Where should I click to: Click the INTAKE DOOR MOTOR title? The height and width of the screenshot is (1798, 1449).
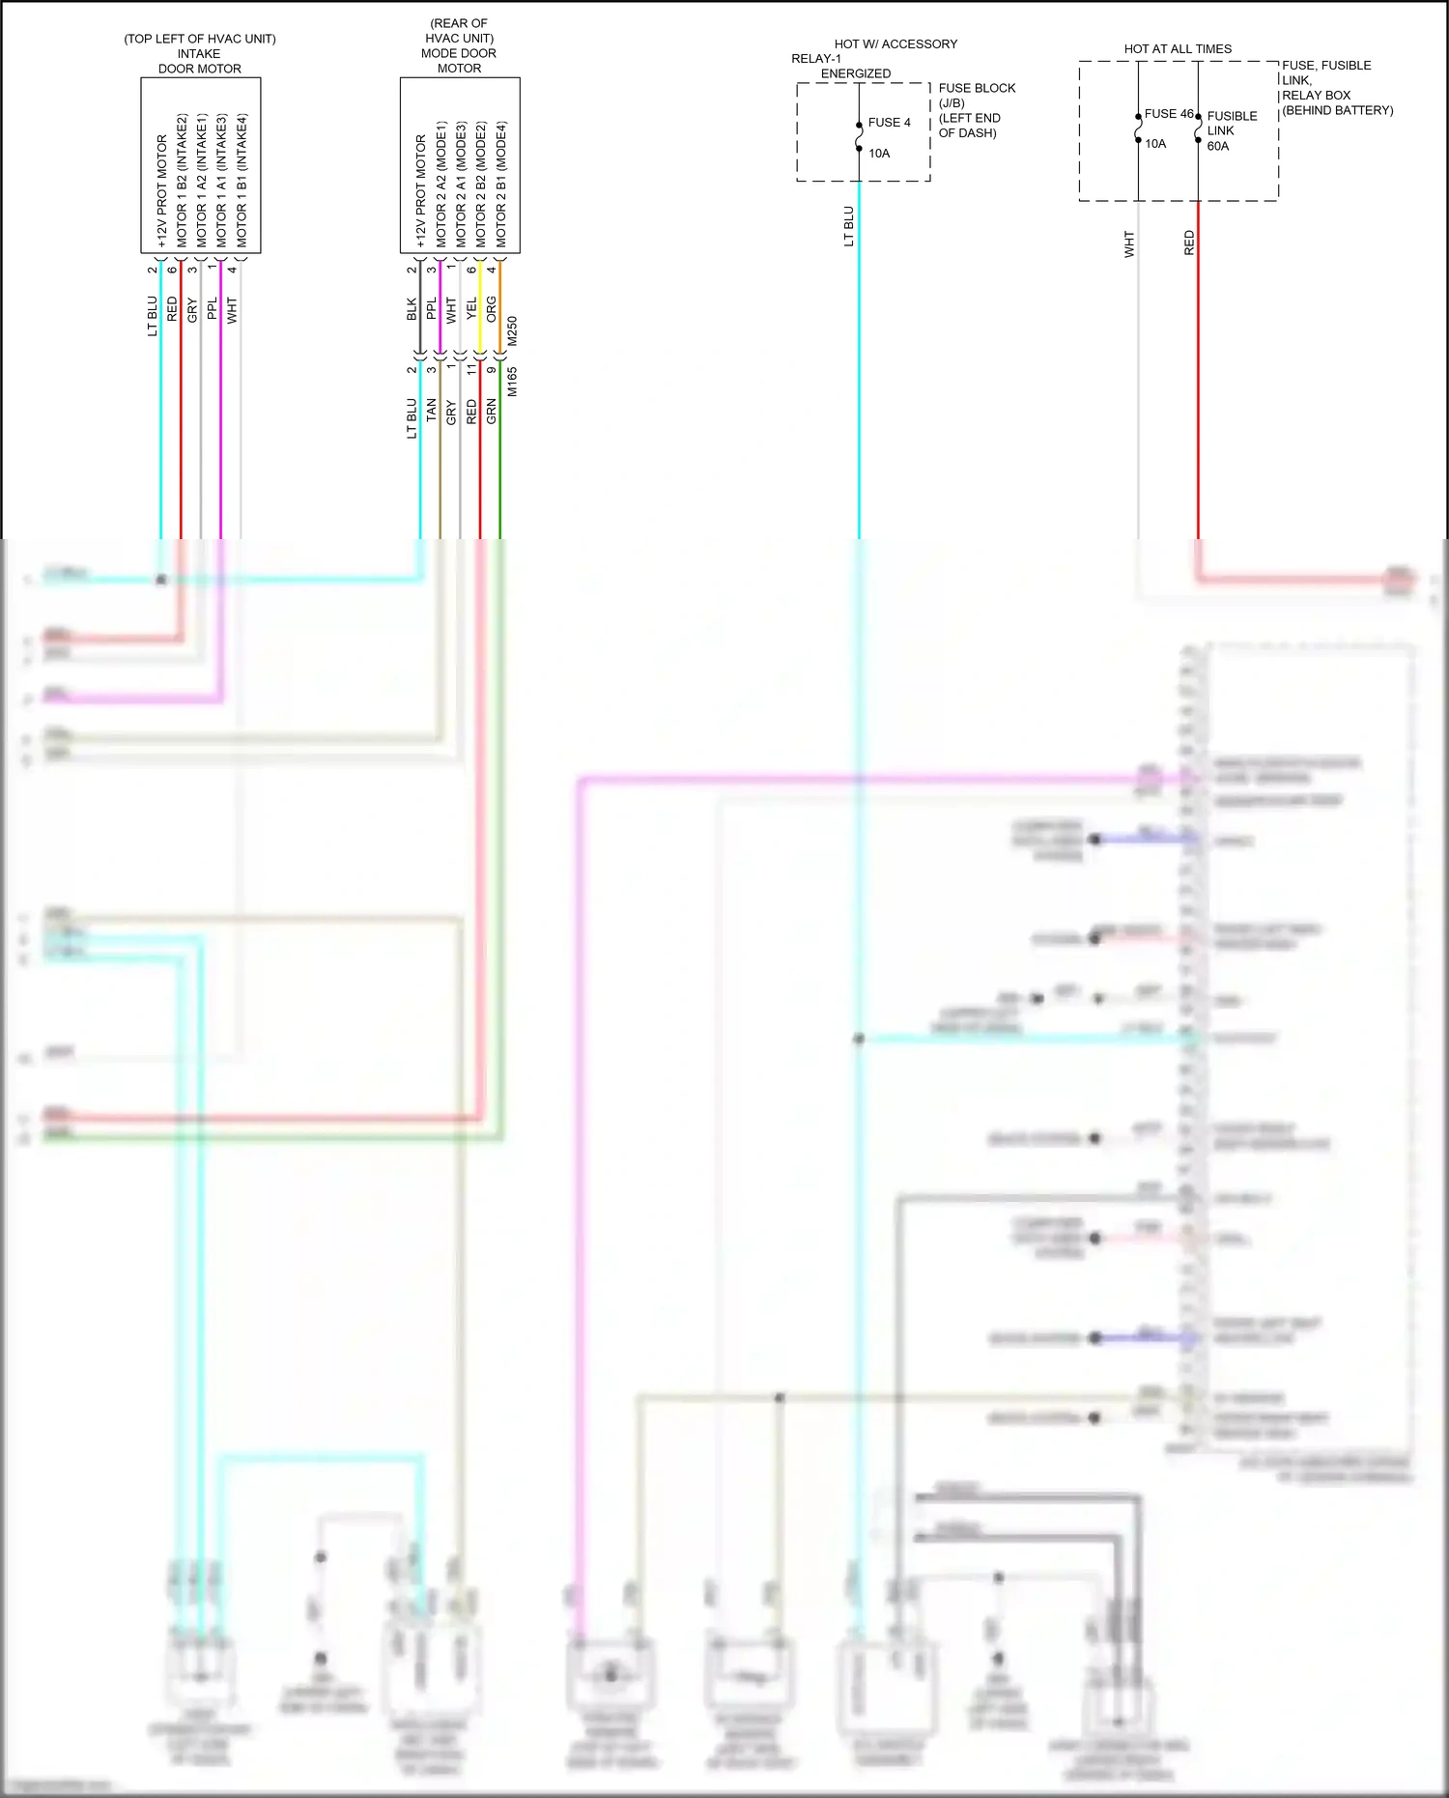199,61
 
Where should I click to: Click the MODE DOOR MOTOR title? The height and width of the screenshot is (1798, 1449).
459,60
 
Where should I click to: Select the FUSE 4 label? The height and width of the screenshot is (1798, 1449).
889,123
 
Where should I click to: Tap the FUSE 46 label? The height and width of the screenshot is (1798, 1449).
1168,114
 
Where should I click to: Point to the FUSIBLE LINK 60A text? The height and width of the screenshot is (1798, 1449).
1231,130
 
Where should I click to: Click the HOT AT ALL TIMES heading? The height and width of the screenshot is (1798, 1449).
1177,48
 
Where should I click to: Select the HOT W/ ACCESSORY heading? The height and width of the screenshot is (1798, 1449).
895,44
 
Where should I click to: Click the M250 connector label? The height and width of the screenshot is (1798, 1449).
512,331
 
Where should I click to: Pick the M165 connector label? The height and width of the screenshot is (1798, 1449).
512,382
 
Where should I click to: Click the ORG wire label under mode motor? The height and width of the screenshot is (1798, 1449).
491,310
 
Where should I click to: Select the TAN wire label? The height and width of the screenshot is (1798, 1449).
431,411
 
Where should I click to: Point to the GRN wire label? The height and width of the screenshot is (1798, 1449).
491,411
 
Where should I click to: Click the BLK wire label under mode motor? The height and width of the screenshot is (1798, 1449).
412,310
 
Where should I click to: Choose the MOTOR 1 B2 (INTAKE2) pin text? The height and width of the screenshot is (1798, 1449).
182,181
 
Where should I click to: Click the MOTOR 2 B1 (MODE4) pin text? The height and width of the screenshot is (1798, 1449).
501,184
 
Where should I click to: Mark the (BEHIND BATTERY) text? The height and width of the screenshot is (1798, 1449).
1337,110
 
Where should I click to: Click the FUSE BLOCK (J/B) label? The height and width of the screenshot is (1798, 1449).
976,95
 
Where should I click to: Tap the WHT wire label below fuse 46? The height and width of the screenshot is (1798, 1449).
1128,243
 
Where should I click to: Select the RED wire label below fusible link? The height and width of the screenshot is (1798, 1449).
1189,243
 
